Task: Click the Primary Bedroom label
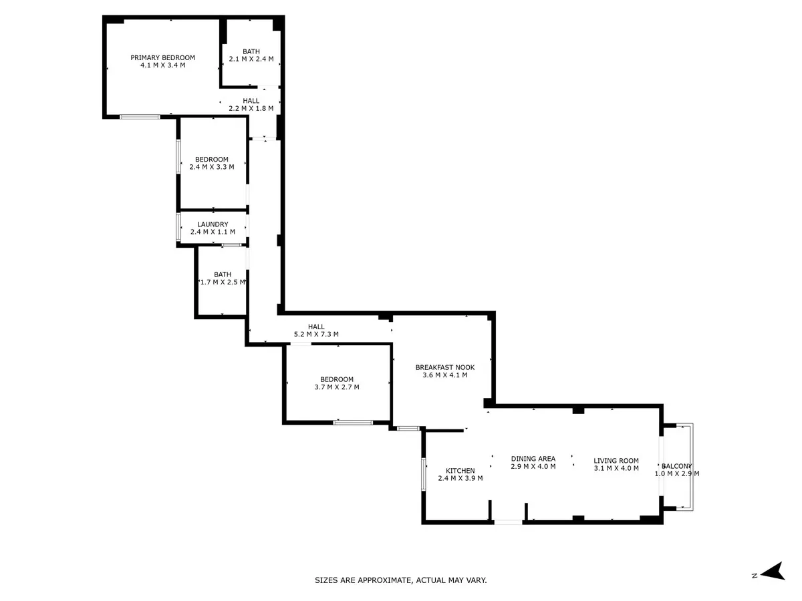pos(162,57)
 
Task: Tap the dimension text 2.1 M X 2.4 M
pos(251,59)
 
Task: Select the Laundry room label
pos(213,224)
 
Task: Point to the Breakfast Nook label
pos(445,367)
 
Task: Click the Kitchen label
pos(460,471)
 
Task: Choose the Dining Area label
pos(533,459)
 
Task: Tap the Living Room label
pos(616,461)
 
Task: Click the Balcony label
pos(676,466)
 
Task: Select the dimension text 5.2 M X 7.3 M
pos(316,334)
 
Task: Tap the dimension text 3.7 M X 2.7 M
pos(337,387)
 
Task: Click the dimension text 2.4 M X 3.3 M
pos(212,167)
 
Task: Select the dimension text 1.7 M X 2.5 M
pos(223,282)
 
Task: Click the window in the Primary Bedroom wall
pos(140,117)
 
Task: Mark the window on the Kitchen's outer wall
pos(424,474)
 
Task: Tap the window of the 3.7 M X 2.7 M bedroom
pos(353,423)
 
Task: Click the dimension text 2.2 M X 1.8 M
pos(251,108)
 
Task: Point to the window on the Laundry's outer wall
pos(178,227)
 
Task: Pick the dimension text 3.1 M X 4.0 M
pos(616,468)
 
